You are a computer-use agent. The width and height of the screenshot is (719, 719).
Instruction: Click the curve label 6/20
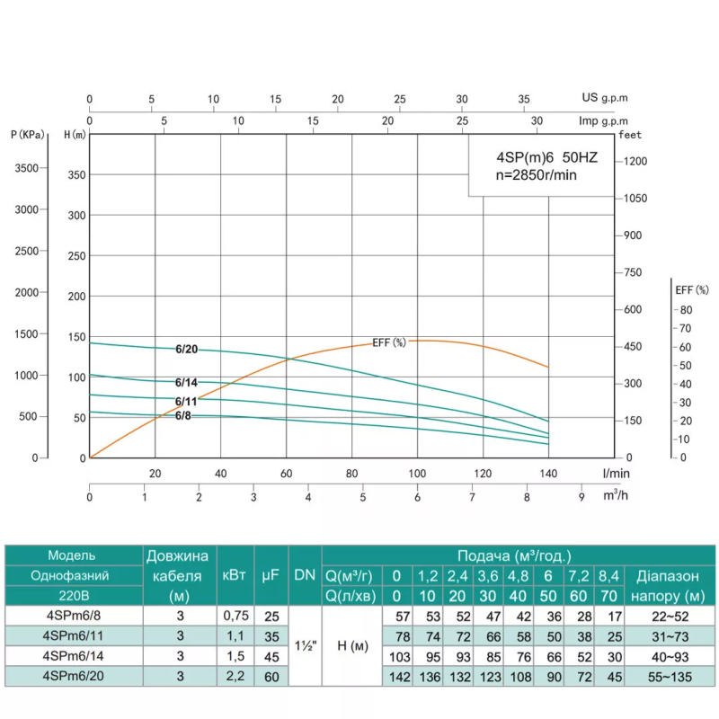[x=186, y=350]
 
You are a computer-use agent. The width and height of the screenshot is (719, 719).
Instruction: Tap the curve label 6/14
[x=186, y=382]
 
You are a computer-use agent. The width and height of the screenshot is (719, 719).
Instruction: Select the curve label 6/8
[x=183, y=415]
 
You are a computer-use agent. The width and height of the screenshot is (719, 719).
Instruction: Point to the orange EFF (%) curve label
[x=389, y=342]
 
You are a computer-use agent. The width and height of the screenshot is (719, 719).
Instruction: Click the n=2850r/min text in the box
[x=535, y=175]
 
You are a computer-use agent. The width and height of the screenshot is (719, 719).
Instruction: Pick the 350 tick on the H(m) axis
[x=75, y=174]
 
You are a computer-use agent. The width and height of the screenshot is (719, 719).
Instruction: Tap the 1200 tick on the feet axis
[x=635, y=161]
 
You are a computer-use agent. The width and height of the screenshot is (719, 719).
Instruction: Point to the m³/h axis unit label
[x=614, y=496]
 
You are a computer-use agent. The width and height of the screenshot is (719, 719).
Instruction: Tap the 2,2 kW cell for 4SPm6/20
[x=231, y=675]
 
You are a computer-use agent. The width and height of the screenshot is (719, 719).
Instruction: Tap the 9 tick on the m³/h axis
[x=581, y=496]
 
